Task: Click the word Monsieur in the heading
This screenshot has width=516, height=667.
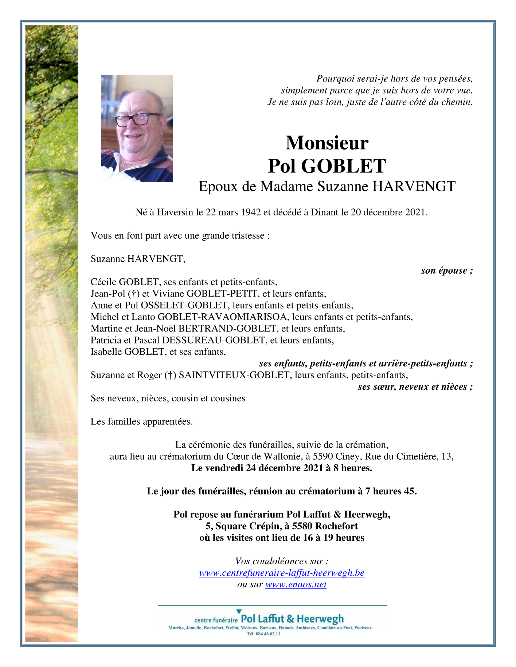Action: click(327, 143)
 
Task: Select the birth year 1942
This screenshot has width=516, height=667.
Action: click(251, 212)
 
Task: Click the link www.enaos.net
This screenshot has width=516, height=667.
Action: click(296, 584)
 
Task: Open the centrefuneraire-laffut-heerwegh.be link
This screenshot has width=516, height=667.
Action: click(282, 573)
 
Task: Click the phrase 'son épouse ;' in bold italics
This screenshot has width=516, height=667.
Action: click(446, 270)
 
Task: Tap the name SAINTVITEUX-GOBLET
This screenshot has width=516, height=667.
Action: click(234, 375)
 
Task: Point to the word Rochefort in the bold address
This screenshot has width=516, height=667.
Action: click(336, 526)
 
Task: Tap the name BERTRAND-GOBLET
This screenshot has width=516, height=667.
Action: click(227, 329)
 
